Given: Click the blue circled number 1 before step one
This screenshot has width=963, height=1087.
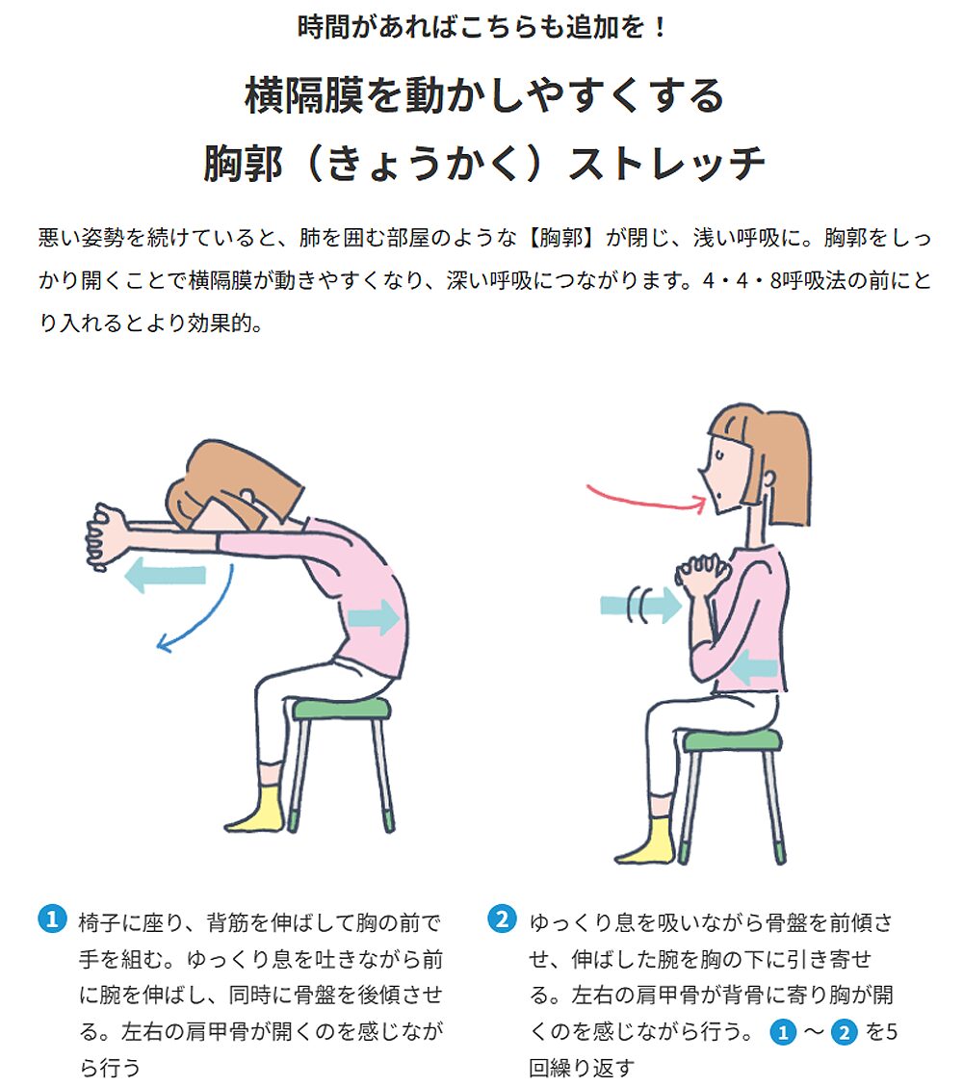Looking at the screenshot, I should coord(50,919).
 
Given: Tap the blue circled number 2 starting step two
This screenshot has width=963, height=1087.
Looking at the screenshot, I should coord(502,919).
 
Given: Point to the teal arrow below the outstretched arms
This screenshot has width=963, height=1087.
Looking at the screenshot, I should coord(167,576).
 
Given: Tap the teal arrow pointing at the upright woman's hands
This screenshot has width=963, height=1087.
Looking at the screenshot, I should coord(640,606).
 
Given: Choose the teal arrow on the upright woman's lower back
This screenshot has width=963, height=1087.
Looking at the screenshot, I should coord(756,667).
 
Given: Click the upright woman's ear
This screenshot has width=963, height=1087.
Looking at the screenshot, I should coord(768,478).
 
